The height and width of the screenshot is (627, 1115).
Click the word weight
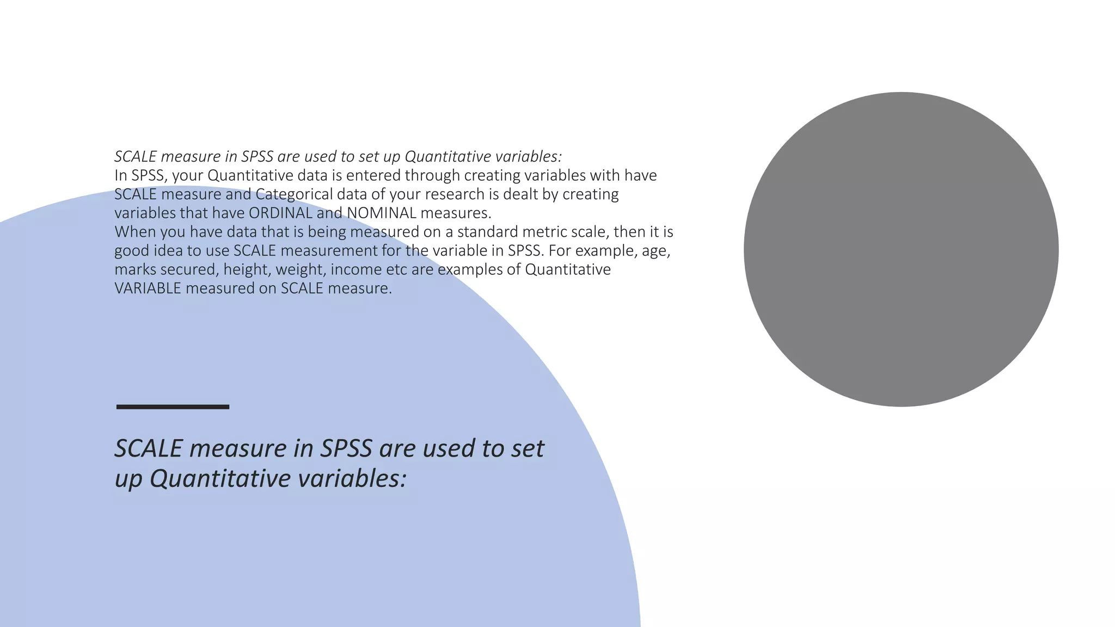[x=300, y=269]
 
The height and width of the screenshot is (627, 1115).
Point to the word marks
[x=135, y=269]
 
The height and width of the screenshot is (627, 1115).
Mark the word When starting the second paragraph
[x=134, y=232]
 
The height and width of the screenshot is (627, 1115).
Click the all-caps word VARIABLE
[x=148, y=288]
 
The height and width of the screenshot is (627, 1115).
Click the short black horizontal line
[x=173, y=407]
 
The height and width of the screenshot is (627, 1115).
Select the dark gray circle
[x=901, y=249]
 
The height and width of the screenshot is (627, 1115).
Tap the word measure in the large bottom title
[x=238, y=448]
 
